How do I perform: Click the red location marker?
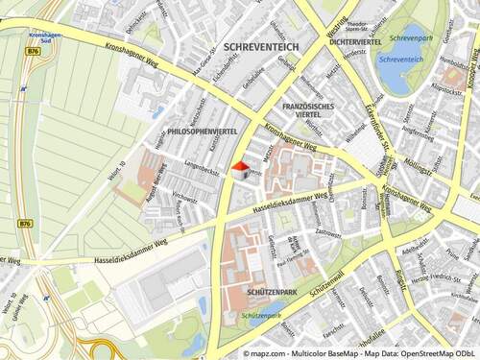pyautogui.click(x=240, y=165)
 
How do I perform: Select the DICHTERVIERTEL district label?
pyautogui.click(x=356, y=42)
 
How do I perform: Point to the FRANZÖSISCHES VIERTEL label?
pyautogui.click(x=308, y=108)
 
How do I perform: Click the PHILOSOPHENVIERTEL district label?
pyautogui.click(x=202, y=131)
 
